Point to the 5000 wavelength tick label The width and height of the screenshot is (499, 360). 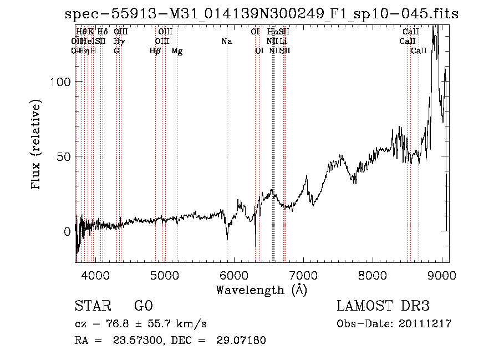(x=164, y=275)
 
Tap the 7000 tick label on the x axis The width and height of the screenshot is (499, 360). (x=303, y=275)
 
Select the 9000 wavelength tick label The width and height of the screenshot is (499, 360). (x=442, y=275)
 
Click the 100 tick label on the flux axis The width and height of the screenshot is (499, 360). (x=61, y=82)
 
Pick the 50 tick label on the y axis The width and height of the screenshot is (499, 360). (x=64, y=156)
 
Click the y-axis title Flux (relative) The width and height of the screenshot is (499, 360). (x=37, y=145)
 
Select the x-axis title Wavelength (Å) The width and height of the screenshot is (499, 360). (x=261, y=290)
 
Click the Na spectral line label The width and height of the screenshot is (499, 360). (x=226, y=42)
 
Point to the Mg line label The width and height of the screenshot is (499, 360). (x=177, y=51)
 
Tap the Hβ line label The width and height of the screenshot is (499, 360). (x=155, y=51)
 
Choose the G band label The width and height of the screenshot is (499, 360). (x=116, y=51)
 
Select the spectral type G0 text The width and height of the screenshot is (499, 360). (x=143, y=307)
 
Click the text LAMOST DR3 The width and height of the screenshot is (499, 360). (x=383, y=307)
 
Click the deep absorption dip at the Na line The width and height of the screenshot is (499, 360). (x=227, y=237)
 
